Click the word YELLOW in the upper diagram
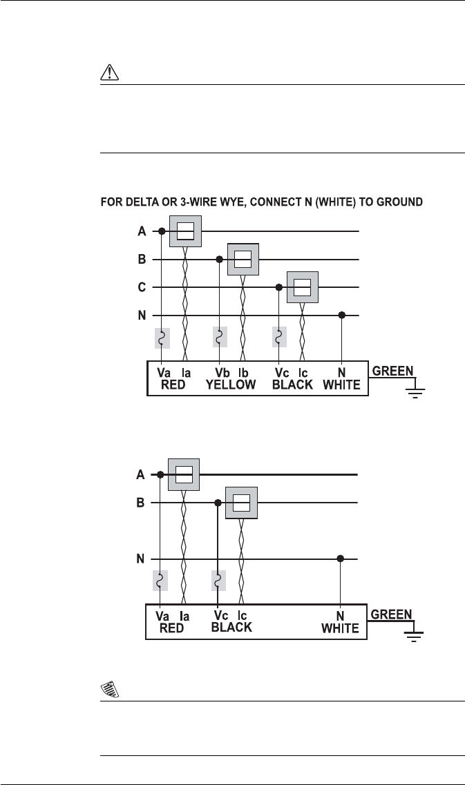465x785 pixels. pyautogui.click(x=231, y=385)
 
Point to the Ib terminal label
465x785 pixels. pyautogui.click(x=244, y=372)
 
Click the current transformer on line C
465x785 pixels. pyautogui.click(x=302, y=287)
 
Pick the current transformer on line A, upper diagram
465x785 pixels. pyautogui.click(x=185, y=231)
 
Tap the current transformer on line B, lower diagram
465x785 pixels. pyautogui.click(x=240, y=503)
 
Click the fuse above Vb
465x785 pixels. pyautogui.click(x=220, y=337)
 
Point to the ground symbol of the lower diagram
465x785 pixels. pyautogui.click(x=415, y=634)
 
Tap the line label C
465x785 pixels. pyautogui.click(x=142, y=288)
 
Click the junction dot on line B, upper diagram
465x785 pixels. pyautogui.click(x=220, y=260)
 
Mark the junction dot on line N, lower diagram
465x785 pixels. pyautogui.click(x=340, y=559)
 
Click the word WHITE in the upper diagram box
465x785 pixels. pyautogui.click(x=341, y=385)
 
